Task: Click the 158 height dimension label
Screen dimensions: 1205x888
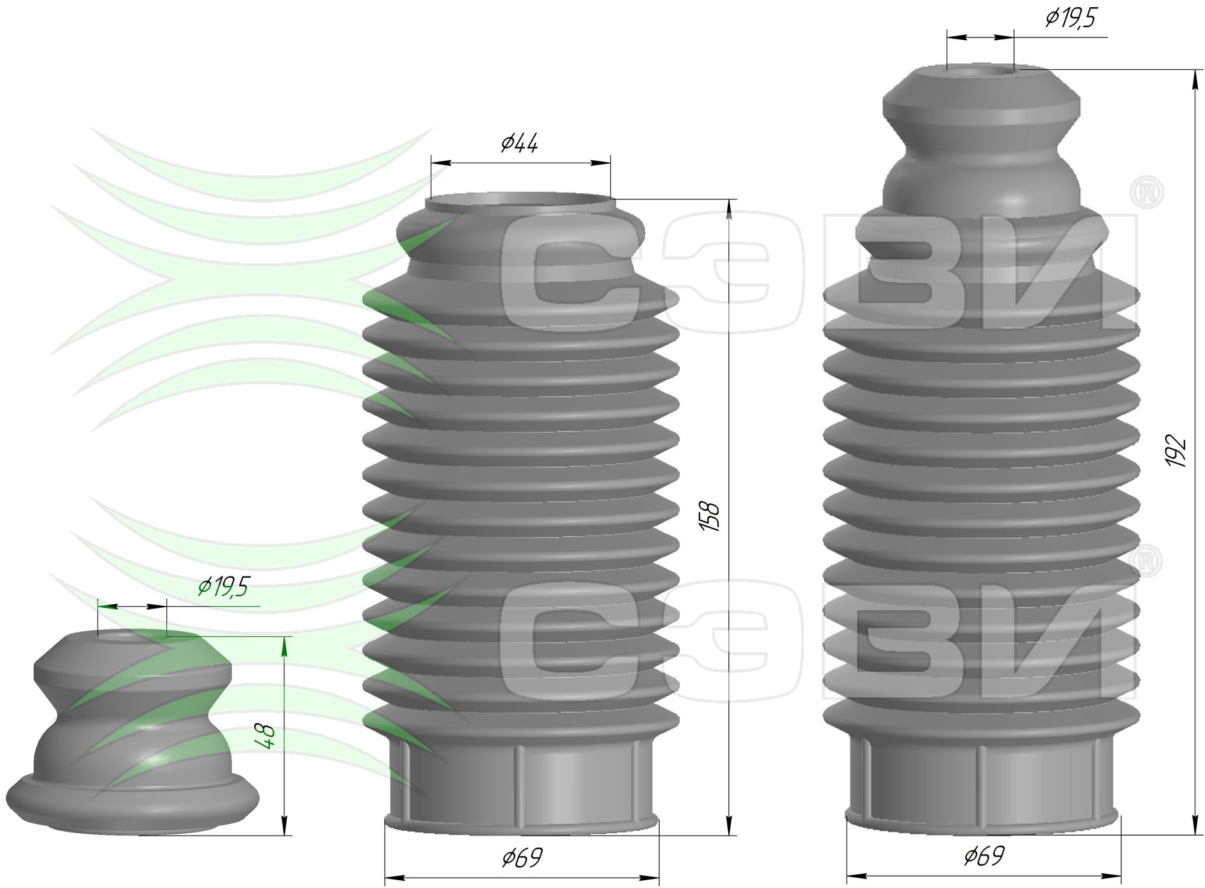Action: (x=712, y=516)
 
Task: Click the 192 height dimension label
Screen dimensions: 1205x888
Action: (x=1175, y=450)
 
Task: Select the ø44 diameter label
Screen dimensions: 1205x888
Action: (x=519, y=143)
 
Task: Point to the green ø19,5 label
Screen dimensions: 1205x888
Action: (x=224, y=586)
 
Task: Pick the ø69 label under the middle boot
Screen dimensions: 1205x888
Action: (x=522, y=858)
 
